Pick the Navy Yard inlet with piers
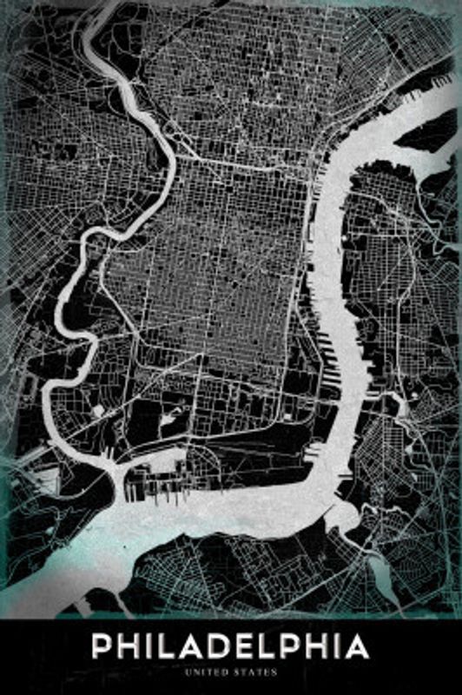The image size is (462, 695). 161,483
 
